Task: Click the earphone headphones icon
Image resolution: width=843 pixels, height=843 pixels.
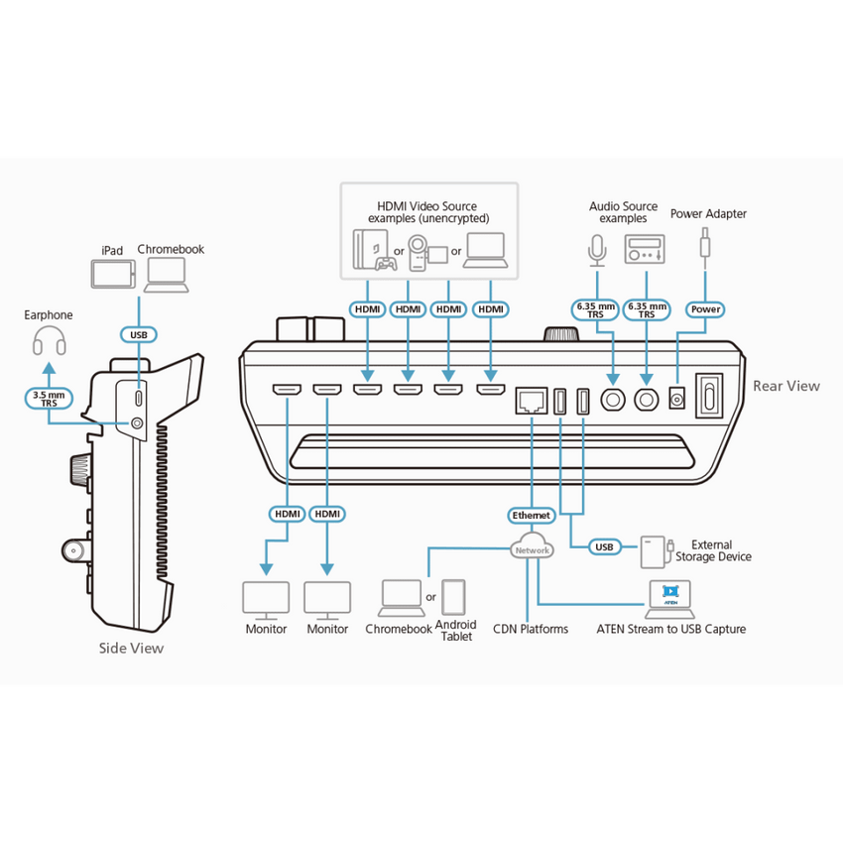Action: tap(50, 341)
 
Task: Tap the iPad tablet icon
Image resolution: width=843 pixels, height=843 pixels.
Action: tap(113, 274)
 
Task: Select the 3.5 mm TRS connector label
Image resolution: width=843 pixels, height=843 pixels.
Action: tap(49, 399)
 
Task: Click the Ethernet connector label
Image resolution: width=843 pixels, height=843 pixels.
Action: tap(531, 516)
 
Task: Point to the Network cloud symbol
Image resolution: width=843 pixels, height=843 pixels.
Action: tap(532, 546)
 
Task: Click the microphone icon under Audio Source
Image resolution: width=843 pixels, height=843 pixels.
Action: tap(597, 251)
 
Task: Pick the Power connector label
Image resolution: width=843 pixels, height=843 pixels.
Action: tap(705, 309)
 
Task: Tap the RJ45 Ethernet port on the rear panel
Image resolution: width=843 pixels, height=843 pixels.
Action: tap(532, 401)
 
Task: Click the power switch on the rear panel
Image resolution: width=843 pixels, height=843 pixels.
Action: tap(710, 396)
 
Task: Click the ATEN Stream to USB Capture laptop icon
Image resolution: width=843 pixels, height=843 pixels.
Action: tap(669, 599)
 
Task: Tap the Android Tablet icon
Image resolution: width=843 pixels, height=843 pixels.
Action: tap(453, 597)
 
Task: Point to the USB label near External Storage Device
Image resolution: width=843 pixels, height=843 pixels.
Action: tap(604, 547)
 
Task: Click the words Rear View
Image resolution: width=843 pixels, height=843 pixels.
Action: tap(786, 386)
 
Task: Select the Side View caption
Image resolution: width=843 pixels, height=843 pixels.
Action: tap(131, 648)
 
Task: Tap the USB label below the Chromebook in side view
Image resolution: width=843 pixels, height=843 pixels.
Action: tap(139, 335)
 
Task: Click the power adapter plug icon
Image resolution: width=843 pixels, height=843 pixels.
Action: tap(705, 248)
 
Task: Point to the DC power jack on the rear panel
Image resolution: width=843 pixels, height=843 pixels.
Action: tap(676, 399)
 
